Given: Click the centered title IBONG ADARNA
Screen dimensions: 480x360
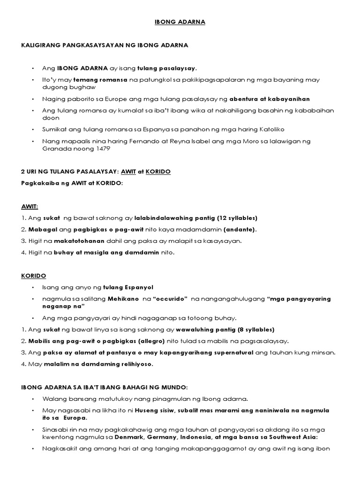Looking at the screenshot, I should click(180, 22).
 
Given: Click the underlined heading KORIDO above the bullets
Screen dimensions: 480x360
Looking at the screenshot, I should click(32, 275).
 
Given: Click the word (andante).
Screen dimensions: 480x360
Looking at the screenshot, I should click(240, 229).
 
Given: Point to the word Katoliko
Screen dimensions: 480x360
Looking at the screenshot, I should click(269, 129).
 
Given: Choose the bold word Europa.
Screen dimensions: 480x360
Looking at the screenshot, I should click(73, 418).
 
